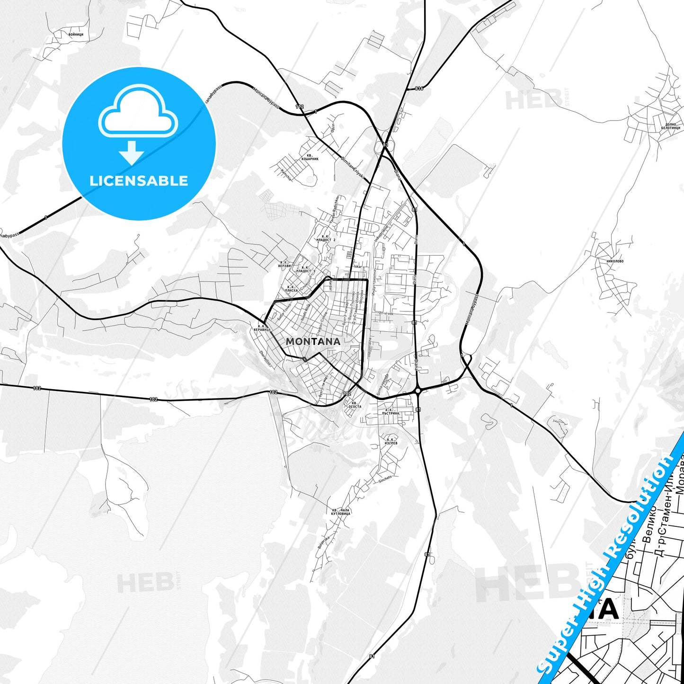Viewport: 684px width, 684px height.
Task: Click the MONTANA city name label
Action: pyautogui.click(x=313, y=341)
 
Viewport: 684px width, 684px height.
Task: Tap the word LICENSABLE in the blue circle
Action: pyautogui.click(x=139, y=181)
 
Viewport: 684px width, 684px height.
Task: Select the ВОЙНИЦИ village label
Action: pyautogui.click(x=76, y=35)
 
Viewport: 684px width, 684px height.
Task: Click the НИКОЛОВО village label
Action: pyautogui.click(x=615, y=261)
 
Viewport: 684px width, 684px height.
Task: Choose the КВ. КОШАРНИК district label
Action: pyautogui.click(x=310, y=157)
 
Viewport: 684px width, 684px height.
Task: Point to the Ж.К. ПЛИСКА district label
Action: pyautogui.click(x=291, y=288)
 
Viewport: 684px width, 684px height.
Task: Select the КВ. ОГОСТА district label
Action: pyautogui.click(x=355, y=405)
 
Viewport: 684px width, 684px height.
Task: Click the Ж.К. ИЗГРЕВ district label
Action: pyautogui.click(x=391, y=441)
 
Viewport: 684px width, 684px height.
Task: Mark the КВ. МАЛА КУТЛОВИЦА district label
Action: pyautogui.click(x=341, y=512)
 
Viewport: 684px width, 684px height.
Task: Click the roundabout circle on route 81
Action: pyautogui.click(x=418, y=391)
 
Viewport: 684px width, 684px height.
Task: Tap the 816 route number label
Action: pyautogui.click(x=418, y=89)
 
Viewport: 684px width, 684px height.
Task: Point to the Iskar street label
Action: pyautogui.click(x=357, y=266)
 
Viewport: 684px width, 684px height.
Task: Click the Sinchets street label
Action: pyautogui.click(x=385, y=479)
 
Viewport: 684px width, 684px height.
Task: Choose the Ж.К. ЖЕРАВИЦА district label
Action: pyautogui.click(x=262, y=328)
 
